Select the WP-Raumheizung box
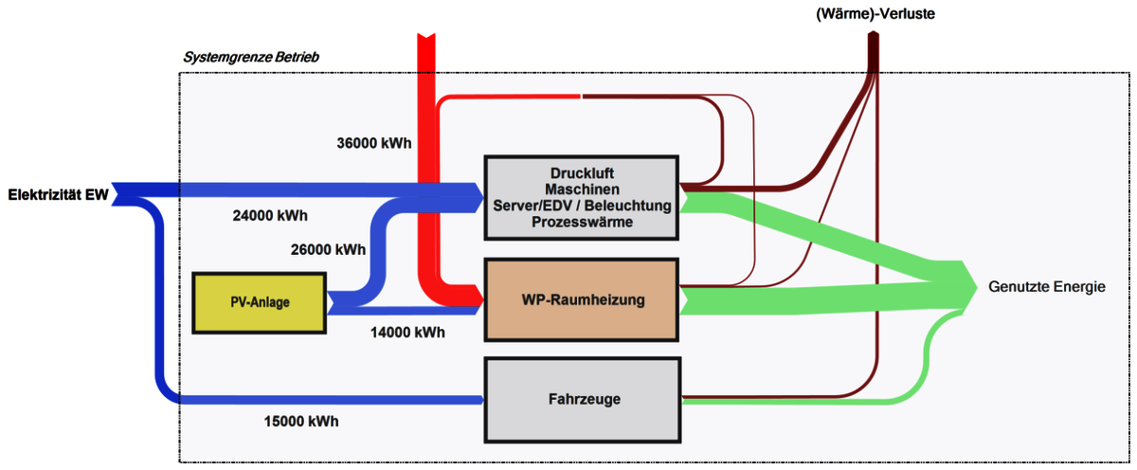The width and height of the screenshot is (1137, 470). coord(582,299)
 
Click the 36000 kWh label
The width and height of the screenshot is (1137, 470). coord(374,144)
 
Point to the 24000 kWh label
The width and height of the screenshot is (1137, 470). coord(270,215)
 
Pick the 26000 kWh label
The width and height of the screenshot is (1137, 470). coord(328,250)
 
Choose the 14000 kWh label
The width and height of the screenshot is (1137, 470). coord(407,333)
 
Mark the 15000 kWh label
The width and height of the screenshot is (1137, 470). coord(300,421)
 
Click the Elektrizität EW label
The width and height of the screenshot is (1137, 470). coord(58,195)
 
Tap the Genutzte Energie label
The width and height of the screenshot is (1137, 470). coord(1046,286)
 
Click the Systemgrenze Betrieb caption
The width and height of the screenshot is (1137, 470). coord(250,58)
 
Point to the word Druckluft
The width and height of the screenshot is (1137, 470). coord(582,173)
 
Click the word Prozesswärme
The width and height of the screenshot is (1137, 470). coord(582,221)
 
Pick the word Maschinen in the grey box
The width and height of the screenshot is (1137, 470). coord(582,190)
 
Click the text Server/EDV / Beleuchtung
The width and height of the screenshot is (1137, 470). coord(582,206)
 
